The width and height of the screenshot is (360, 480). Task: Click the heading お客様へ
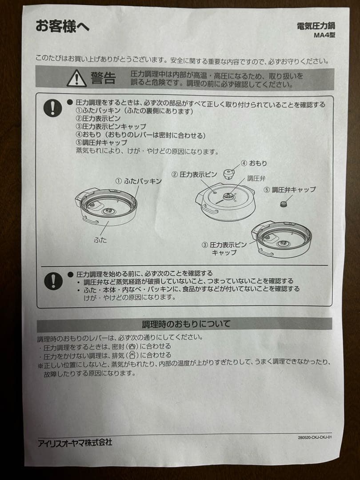(x=62, y=26)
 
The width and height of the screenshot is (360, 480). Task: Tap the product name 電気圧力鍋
(x=316, y=26)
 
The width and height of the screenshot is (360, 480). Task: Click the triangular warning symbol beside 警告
(x=76, y=78)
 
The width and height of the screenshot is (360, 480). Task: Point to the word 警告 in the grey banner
(x=103, y=79)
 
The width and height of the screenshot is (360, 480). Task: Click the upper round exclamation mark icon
(x=53, y=108)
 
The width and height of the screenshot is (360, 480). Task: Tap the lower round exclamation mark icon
(x=53, y=281)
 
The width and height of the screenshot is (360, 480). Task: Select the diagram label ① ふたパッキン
(x=138, y=181)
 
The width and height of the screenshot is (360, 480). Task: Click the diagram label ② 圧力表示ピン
(x=196, y=175)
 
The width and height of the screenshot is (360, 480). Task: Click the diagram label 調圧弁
(x=256, y=178)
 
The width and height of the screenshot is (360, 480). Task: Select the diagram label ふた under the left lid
(x=100, y=240)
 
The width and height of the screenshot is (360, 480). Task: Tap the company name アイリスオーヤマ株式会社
(x=75, y=442)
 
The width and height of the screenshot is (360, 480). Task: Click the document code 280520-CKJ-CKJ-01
(x=315, y=437)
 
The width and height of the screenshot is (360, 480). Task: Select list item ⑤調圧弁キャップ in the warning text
(x=101, y=143)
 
